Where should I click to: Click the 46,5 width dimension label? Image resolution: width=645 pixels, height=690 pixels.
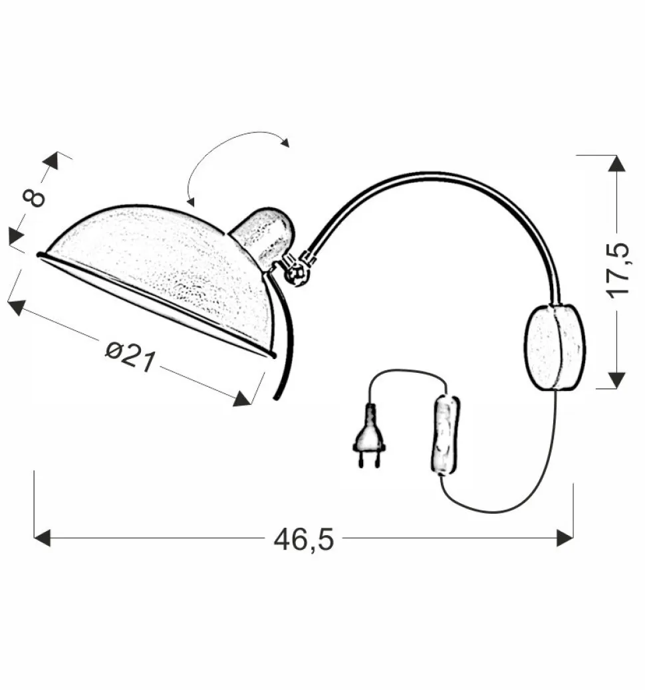(303, 539)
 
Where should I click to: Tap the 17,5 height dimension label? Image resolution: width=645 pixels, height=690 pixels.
(619, 271)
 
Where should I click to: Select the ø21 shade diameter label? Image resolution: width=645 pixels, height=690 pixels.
(131, 356)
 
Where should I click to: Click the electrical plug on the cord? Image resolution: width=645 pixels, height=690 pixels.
(370, 436)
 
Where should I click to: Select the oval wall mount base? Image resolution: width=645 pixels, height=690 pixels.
(555, 347)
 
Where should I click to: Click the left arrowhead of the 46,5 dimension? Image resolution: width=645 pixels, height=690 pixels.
(42, 538)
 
